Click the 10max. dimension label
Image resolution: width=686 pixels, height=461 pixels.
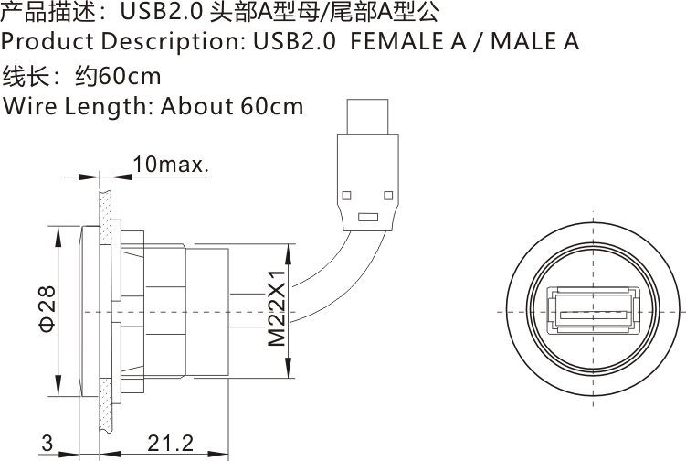click(x=172, y=166)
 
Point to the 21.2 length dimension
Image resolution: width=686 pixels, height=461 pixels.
click(x=171, y=445)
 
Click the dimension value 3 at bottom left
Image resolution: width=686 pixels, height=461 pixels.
click(x=46, y=445)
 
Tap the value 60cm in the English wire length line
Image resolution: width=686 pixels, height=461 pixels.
click(x=271, y=106)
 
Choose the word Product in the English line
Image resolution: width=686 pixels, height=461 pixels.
click(x=47, y=42)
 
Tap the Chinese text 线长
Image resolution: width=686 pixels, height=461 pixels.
click(x=24, y=75)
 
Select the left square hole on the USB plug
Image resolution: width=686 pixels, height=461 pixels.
click(x=348, y=194)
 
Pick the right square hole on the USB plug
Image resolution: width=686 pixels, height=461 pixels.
click(x=387, y=194)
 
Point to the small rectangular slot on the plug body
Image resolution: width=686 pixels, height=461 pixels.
click(x=367, y=218)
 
